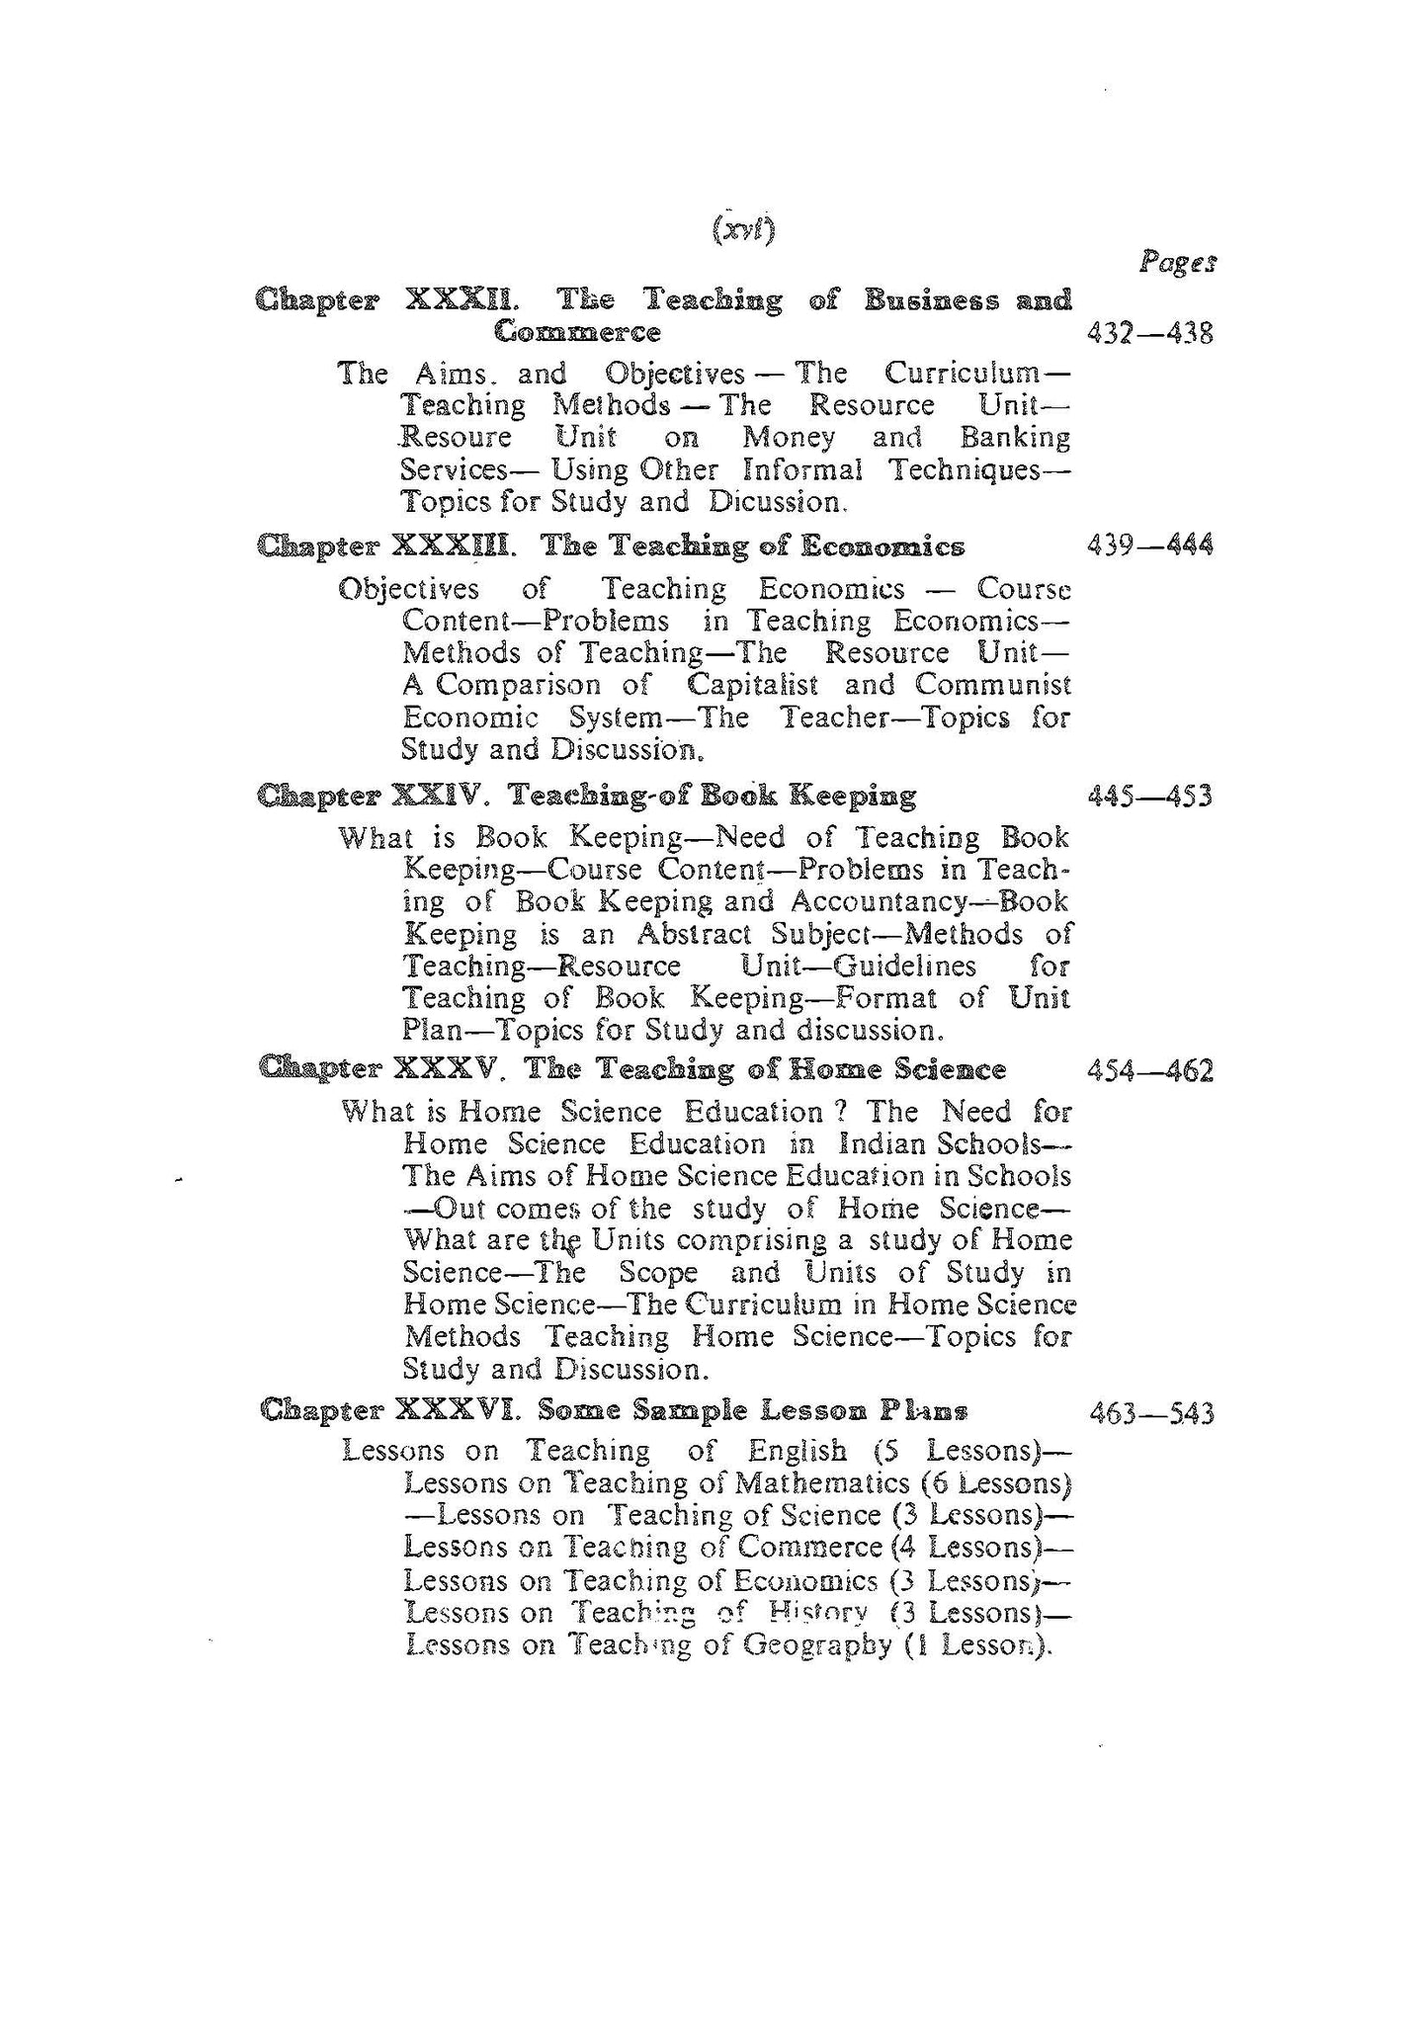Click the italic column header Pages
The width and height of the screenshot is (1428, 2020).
point(1176,263)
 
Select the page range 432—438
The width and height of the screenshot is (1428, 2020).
point(1149,333)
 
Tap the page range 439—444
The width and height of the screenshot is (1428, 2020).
point(1149,546)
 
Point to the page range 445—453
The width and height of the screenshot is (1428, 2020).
point(1149,796)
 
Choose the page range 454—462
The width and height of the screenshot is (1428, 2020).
point(1149,1070)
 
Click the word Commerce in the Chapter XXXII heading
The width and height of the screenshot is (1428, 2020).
point(577,332)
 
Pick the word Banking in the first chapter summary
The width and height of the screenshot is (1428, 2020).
point(1015,437)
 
